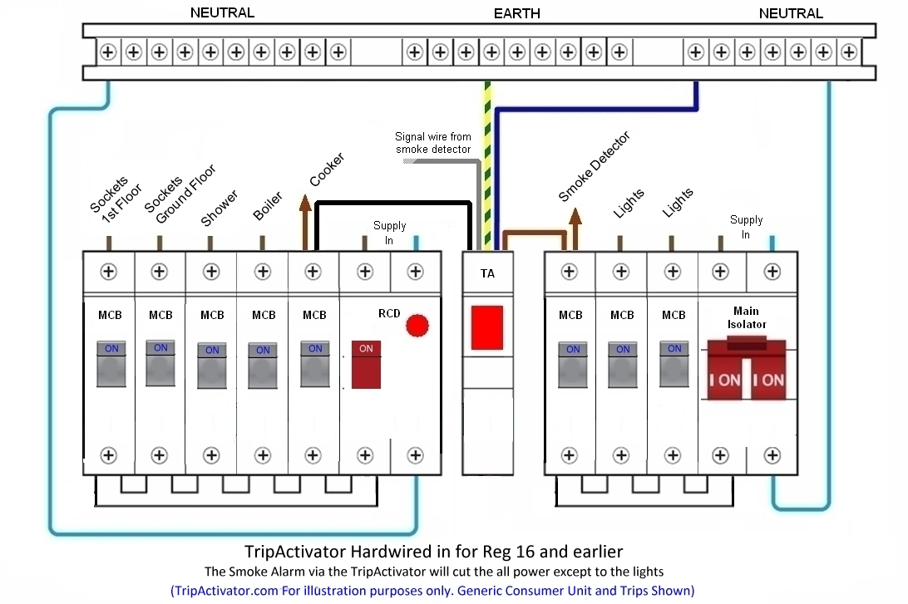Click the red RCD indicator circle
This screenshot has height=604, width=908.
click(417, 325)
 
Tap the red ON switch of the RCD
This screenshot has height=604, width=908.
click(366, 364)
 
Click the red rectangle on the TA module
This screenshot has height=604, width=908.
click(487, 327)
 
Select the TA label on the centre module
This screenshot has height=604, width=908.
click(487, 273)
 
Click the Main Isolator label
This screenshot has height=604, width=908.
click(747, 318)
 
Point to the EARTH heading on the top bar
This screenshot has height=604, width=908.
click(516, 13)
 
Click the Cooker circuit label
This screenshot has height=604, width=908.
click(326, 169)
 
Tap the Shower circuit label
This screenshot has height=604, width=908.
click(219, 208)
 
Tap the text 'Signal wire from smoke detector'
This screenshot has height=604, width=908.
click(433, 143)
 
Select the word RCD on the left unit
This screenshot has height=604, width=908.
click(389, 314)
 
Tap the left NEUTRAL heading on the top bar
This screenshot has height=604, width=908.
click(222, 12)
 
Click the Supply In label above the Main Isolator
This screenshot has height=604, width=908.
click(746, 227)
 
